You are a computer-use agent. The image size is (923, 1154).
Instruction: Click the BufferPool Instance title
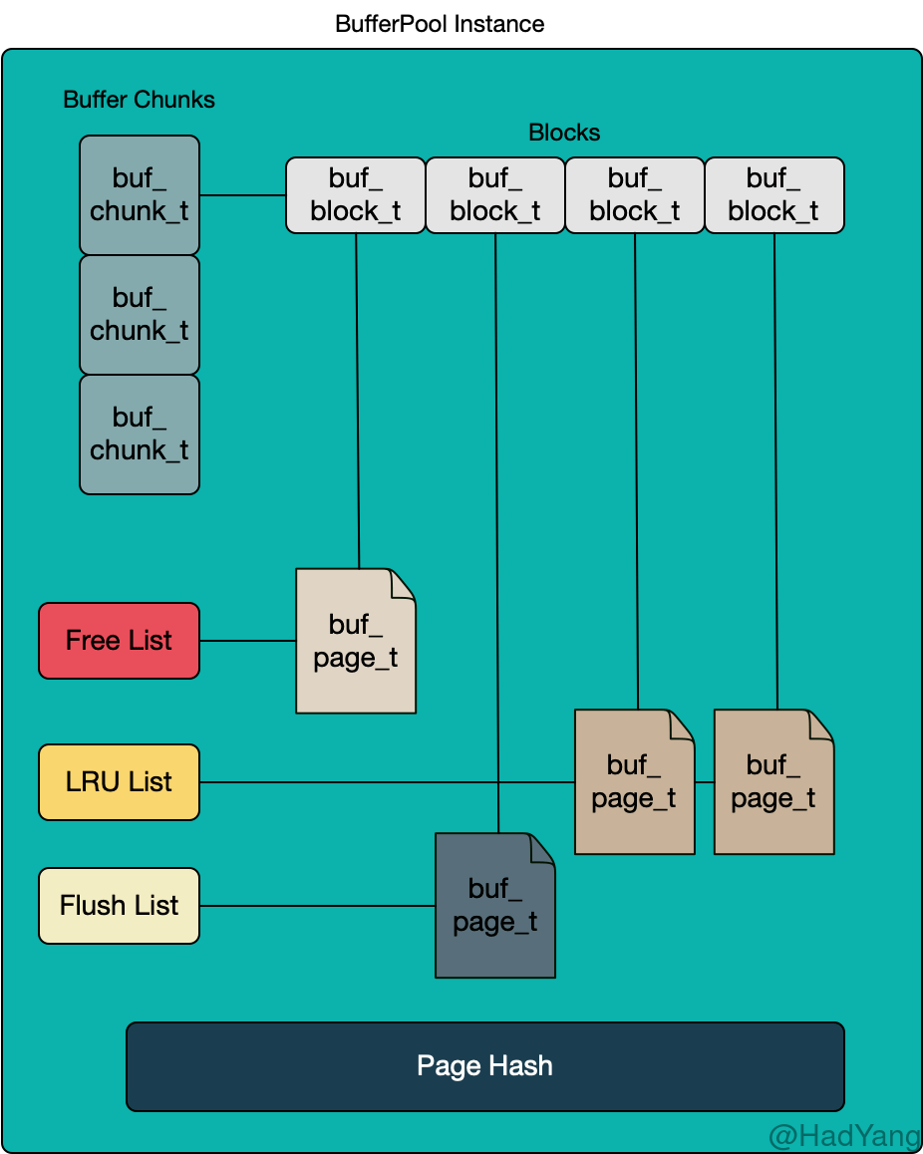[x=440, y=24]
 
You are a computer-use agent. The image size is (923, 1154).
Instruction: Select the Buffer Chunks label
[x=139, y=100]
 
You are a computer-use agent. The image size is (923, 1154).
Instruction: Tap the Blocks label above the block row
[x=564, y=133]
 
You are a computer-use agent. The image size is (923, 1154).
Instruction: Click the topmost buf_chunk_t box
[x=140, y=195]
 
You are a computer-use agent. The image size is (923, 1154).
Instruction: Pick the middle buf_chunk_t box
[x=140, y=315]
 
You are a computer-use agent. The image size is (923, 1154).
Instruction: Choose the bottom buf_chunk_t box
[x=140, y=434]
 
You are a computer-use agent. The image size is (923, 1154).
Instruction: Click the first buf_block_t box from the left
[x=356, y=195]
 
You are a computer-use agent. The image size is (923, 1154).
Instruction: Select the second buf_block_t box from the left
[x=495, y=195]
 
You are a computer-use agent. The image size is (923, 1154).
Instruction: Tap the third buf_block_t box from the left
[x=635, y=195]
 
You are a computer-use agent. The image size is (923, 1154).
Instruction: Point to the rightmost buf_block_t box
[x=774, y=195]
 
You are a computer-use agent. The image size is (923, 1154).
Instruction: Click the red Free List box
[x=119, y=641]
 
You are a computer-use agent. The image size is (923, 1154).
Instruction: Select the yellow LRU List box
[x=119, y=782]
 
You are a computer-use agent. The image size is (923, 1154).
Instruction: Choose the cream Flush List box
[x=119, y=906]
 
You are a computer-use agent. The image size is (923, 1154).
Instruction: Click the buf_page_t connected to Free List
[x=356, y=642]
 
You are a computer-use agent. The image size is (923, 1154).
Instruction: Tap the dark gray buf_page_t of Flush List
[x=495, y=906]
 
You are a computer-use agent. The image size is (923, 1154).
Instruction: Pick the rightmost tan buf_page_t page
[x=774, y=782]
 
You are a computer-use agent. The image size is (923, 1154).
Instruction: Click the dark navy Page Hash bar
[x=484, y=1066]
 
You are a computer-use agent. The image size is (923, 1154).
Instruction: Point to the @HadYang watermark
[x=842, y=1134]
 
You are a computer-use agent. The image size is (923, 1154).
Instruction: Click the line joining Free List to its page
[x=247, y=641]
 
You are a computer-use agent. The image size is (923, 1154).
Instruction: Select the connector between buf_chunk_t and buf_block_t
[x=242, y=195]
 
